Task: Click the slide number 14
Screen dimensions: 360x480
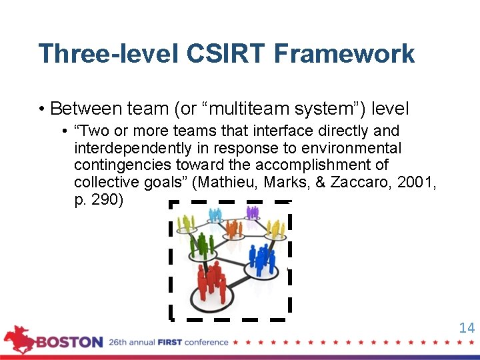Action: (x=467, y=327)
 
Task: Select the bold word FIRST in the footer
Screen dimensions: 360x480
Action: (x=171, y=343)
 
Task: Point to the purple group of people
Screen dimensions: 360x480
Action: (x=251, y=213)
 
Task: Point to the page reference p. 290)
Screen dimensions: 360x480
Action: (x=99, y=200)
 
